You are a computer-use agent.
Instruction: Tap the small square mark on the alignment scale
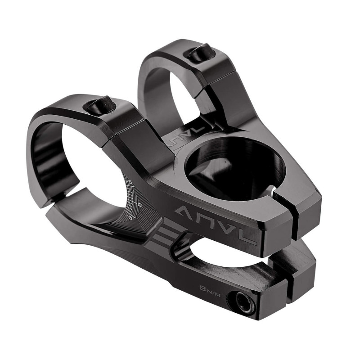click(x=139, y=205)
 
